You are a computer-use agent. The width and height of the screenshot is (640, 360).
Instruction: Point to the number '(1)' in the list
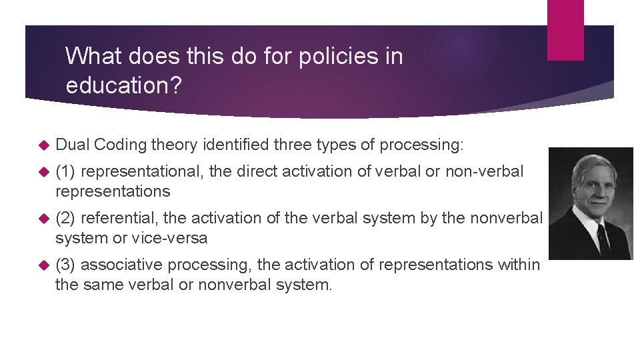tap(65, 171)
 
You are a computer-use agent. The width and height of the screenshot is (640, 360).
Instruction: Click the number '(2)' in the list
tap(65, 218)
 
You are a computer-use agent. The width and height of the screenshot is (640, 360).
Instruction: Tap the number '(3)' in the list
tap(65, 265)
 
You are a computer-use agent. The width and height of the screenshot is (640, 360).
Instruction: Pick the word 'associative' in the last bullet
tap(121, 265)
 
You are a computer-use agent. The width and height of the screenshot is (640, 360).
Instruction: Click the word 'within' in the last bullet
tap(519, 265)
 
